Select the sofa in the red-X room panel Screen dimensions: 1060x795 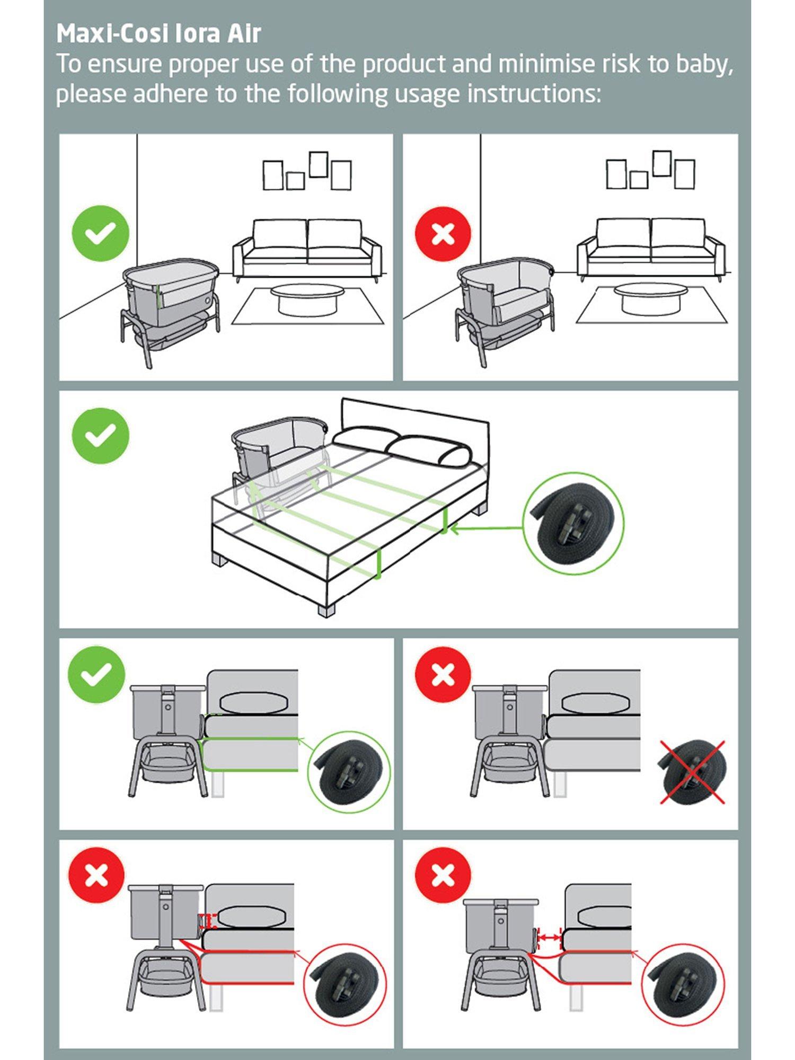tap(651, 248)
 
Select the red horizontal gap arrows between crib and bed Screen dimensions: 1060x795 tap(549, 938)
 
